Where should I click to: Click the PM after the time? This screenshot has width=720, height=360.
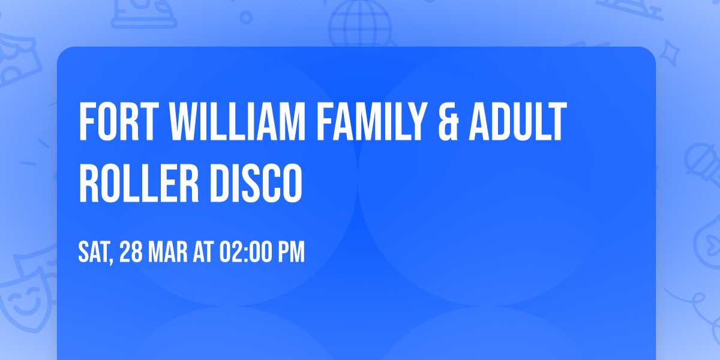290,252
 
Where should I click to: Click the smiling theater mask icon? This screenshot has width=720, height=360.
24,297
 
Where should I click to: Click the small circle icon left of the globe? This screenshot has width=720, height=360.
245,17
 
